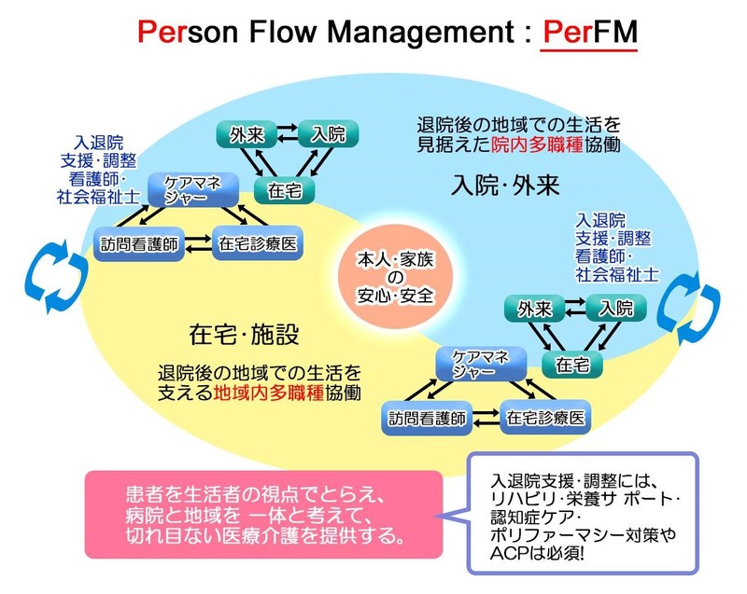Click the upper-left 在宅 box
(284, 188)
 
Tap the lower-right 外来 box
(533, 308)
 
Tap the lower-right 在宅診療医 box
(545, 419)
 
